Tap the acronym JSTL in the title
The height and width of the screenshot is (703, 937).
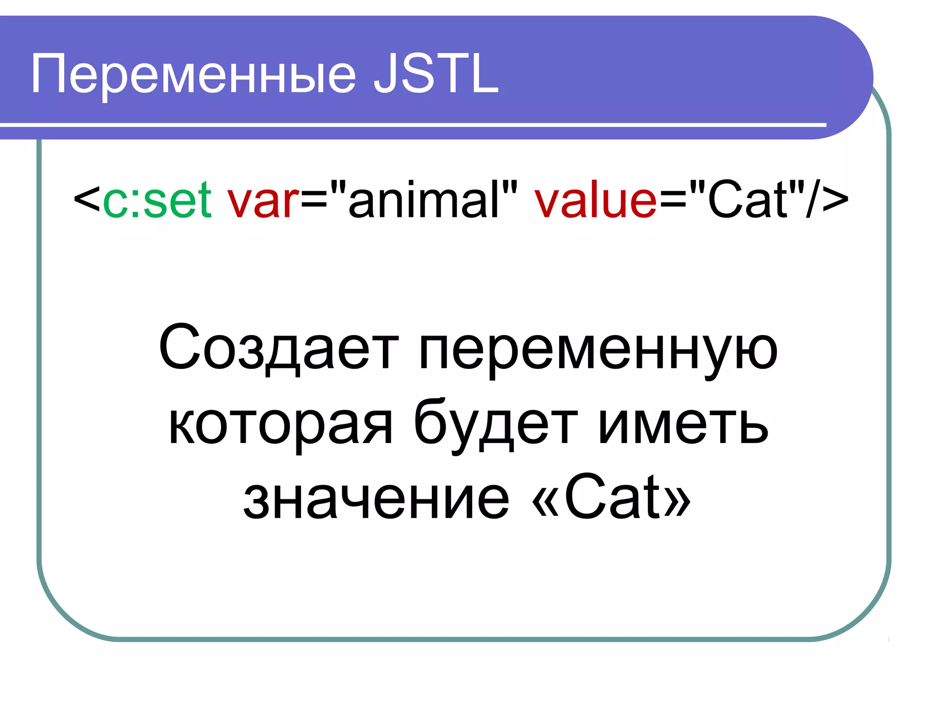pos(436,74)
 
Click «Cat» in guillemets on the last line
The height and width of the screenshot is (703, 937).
pos(611,499)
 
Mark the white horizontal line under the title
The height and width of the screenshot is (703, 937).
pos(412,124)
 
